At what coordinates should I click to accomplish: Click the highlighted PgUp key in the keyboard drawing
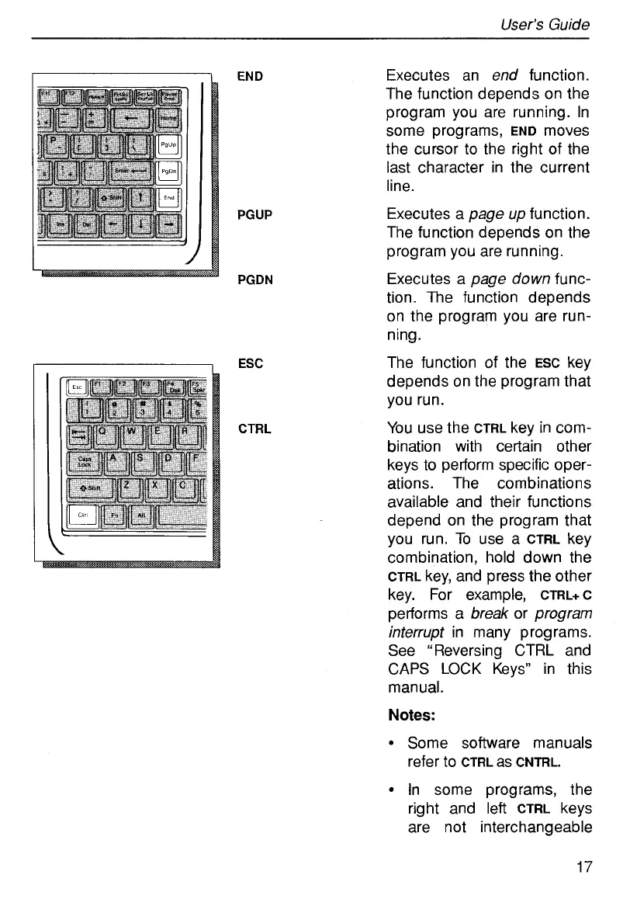pyautogui.click(x=168, y=146)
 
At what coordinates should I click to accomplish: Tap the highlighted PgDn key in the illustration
pyautogui.click(x=168, y=172)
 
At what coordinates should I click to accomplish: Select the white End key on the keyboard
pyautogui.click(x=168, y=199)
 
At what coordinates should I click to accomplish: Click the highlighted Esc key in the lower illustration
pyautogui.click(x=78, y=386)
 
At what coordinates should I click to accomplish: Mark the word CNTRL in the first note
pyautogui.click(x=538, y=762)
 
